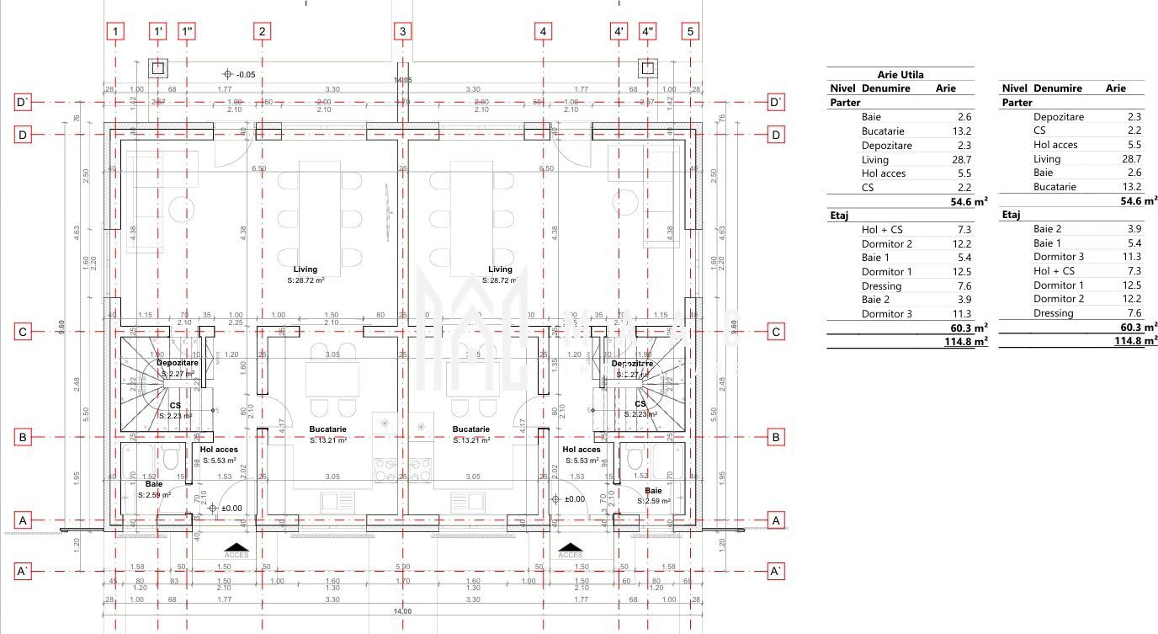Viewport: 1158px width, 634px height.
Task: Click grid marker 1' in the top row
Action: tap(157, 32)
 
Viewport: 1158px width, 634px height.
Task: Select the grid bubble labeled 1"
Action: tap(187, 32)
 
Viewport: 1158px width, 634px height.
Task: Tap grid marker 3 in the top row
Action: tap(402, 32)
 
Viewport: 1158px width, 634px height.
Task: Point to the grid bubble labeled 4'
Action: tap(619, 32)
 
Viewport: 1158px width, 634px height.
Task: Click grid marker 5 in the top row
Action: tap(691, 32)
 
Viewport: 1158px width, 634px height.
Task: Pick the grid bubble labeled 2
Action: tap(263, 32)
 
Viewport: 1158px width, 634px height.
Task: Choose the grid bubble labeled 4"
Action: tap(648, 32)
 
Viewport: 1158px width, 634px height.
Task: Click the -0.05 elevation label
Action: tap(245, 75)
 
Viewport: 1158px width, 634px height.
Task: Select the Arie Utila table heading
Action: tap(900, 75)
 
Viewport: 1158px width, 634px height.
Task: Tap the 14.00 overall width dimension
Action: tap(402, 611)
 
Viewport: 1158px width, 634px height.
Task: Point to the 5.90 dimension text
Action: tap(402, 567)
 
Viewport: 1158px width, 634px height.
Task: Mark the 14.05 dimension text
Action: tap(402, 81)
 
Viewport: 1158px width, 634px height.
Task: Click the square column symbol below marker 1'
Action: tap(157, 68)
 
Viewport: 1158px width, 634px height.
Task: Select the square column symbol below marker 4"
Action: tap(648, 68)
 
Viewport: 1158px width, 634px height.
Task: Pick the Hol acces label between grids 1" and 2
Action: tap(219, 450)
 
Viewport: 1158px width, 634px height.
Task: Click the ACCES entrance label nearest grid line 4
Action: tap(571, 555)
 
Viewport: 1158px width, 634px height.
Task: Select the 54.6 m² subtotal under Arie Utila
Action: tap(969, 201)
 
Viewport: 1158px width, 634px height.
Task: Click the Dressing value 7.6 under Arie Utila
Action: tap(964, 286)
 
